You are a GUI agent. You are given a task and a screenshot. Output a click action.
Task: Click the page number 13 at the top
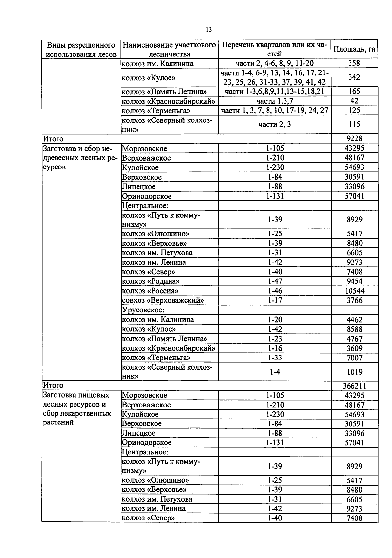[209, 30]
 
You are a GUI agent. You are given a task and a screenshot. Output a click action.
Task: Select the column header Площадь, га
[354, 49]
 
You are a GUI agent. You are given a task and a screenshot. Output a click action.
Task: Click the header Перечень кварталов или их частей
[274, 49]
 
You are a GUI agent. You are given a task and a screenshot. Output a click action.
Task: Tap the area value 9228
[354, 138]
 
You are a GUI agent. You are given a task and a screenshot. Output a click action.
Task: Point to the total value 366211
[354, 386]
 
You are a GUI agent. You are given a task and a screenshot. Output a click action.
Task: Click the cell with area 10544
[354, 291]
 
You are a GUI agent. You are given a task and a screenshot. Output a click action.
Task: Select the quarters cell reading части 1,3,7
[274, 101]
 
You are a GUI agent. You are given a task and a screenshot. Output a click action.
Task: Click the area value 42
[354, 101]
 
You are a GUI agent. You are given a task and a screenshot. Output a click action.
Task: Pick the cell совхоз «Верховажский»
[162, 300]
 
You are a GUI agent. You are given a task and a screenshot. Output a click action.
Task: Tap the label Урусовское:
[143, 310]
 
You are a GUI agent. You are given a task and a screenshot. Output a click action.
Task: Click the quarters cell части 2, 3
[274, 124]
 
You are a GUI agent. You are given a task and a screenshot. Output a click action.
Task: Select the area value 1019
[354, 372]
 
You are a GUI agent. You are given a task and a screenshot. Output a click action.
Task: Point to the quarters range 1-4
[274, 372]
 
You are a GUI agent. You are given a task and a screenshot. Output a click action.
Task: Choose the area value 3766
[354, 300]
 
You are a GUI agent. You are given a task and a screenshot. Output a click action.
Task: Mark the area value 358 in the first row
[354, 63]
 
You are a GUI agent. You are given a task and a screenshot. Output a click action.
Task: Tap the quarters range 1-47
[274, 281]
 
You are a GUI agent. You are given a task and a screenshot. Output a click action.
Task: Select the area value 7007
[354, 358]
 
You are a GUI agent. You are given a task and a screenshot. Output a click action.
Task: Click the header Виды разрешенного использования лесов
[81, 49]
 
